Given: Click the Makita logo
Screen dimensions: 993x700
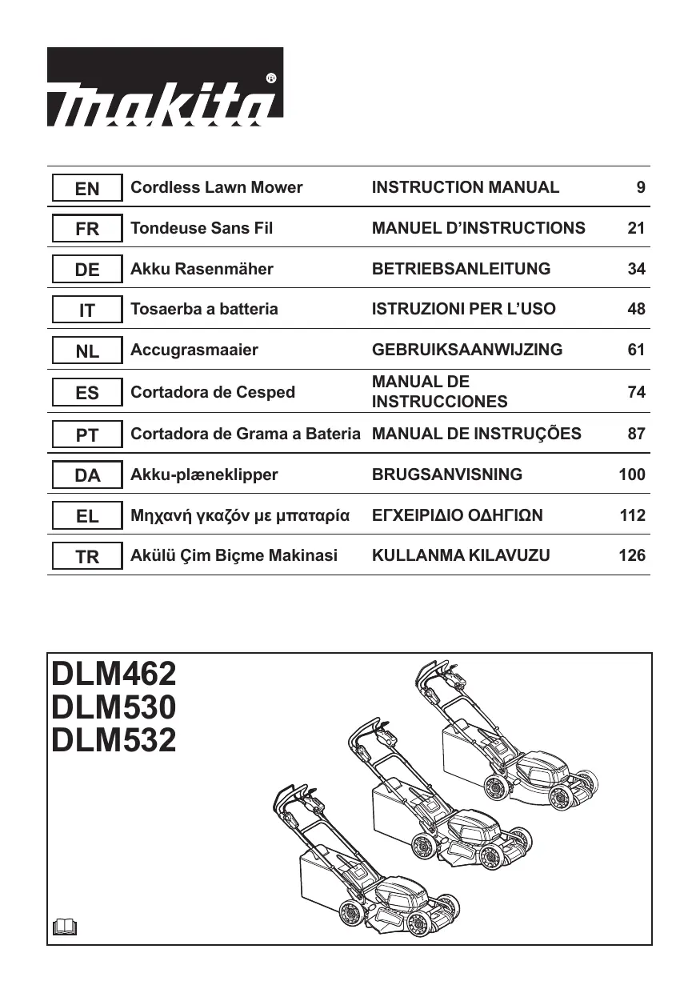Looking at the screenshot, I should pos(165,87).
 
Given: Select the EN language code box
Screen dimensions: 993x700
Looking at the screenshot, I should pos(87,188).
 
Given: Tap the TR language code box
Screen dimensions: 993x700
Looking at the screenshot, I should pos(87,557).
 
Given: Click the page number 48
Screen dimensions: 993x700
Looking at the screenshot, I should pos(636,309).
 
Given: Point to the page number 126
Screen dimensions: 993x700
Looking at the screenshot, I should pos(632,555).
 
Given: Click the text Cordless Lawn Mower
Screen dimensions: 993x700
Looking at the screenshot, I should pos(216,187).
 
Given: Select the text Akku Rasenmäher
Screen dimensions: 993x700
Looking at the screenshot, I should pos(202,269).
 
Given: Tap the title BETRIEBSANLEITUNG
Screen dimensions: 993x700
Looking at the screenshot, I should pos(461,269).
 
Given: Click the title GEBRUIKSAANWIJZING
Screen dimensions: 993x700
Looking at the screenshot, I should pos(467,350).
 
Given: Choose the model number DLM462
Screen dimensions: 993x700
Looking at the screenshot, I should pos(114,674).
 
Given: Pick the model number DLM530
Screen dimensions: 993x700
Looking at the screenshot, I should pos(114,707).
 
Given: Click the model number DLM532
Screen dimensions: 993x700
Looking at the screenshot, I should pos(114,741).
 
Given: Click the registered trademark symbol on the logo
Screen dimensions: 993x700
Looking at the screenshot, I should pos(270,78).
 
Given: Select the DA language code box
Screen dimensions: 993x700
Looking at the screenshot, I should pos(87,475).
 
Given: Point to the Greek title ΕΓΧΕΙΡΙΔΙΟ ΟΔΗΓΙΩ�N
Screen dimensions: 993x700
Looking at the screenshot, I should pos(457,515).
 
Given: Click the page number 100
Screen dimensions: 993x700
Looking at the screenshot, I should pos(632,474).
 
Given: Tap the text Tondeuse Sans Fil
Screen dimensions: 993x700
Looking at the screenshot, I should pos(202,228).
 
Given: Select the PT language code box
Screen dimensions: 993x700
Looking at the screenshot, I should pos(87,435).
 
